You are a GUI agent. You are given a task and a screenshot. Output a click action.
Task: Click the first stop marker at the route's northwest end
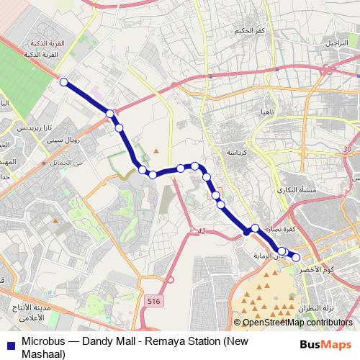(63, 82)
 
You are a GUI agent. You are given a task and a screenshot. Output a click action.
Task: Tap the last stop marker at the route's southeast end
(296, 257)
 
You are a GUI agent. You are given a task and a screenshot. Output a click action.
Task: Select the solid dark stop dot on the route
(246, 232)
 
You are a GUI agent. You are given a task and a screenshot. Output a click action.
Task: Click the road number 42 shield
(200, 231)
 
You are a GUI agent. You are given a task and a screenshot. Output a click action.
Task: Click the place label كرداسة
(237, 153)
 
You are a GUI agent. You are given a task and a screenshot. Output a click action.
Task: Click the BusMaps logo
(325, 345)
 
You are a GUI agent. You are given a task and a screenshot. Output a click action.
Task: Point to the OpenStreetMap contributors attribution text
(294, 323)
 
